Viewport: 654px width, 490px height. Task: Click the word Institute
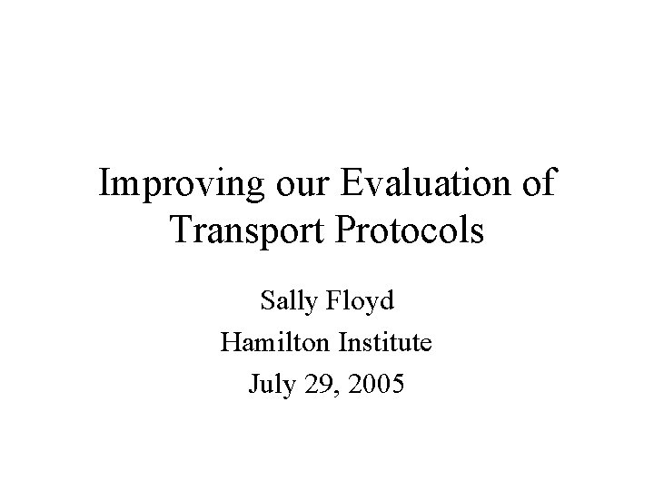pyautogui.click(x=384, y=343)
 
